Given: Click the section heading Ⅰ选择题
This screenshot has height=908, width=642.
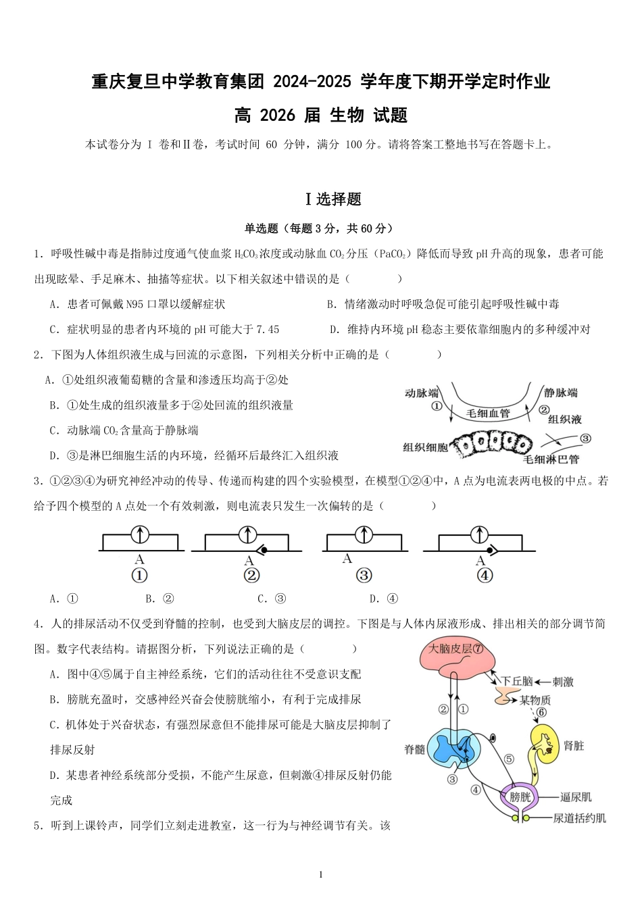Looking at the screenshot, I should (x=334, y=199).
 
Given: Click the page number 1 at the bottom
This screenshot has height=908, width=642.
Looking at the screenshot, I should (x=321, y=874).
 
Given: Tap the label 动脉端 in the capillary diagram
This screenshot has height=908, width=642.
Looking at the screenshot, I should (x=422, y=393).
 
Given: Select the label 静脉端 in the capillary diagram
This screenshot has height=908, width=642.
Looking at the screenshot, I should (x=561, y=393).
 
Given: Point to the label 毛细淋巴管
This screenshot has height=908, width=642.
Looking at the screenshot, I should (x=551, y=459).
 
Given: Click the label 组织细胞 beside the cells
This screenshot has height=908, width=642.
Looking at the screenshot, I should (x=425, y=447).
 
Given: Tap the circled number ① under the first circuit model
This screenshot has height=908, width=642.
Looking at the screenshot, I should (x=139, y=576).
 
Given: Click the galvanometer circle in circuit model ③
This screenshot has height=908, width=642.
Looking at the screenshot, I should (x=364, y=535).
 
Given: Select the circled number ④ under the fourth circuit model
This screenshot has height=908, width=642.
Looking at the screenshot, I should (x=485, y=576).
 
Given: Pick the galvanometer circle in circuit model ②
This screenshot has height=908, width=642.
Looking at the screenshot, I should (x=248, y=535).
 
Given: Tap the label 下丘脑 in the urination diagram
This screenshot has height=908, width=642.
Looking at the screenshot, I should (x=517, y=681).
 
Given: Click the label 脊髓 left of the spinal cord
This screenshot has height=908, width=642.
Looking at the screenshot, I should (x=415, y=749).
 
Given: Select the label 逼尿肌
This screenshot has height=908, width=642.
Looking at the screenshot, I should (x=576, y=797).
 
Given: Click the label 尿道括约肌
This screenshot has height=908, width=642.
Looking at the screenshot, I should (x=579, y=818).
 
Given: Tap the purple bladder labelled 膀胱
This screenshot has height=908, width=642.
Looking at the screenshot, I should (x=520, y=797).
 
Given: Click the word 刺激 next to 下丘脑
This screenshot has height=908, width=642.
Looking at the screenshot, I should (x=562, y=682).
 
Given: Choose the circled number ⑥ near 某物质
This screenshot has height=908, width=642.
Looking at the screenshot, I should (x=541, y=713).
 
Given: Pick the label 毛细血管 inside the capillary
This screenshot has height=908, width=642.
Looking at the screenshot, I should (x=488, y=413).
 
